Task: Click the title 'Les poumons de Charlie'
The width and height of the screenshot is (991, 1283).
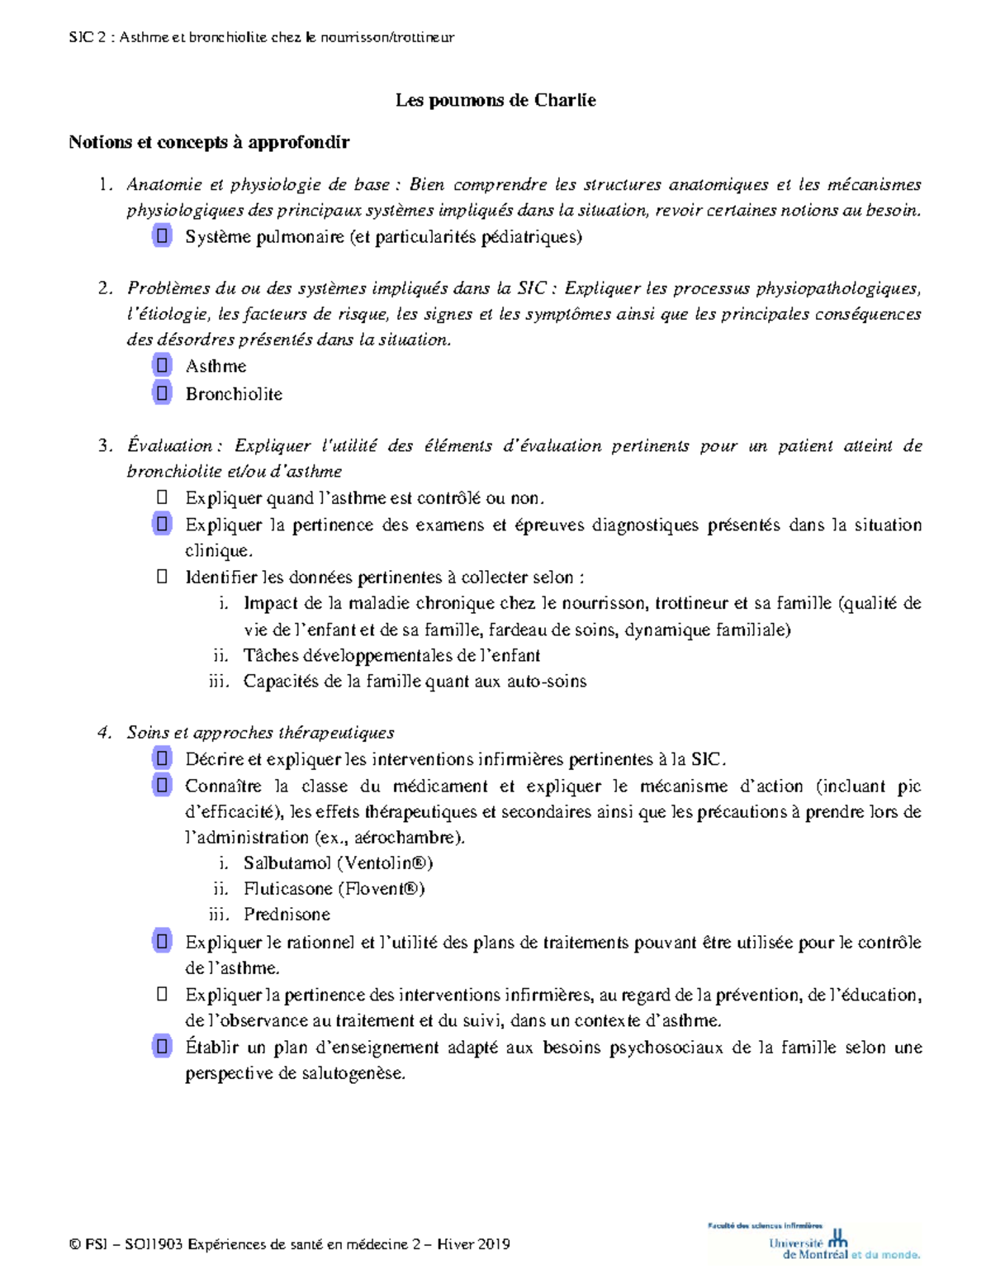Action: (x=495, y=101)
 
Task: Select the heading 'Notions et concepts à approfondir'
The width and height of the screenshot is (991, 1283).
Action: (x=209, y=142)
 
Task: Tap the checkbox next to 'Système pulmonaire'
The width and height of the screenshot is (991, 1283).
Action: (x=162, y=236)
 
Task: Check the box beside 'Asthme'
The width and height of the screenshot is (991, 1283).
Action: (x=162, y=365)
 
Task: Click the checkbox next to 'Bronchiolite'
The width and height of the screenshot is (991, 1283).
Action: (x=162, y=393)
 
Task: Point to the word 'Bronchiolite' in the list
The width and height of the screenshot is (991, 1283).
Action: (x=234, y=394)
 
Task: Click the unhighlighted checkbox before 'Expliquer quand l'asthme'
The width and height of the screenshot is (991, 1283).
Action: (x=162, y=497)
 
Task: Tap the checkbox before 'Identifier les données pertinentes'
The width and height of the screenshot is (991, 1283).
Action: (x=162, y=577)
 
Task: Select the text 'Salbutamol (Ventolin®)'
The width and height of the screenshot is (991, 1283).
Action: (x=338, y=863)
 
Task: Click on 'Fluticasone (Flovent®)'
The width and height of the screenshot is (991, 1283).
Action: (x=334, y=889)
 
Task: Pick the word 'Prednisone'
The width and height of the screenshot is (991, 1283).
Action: (x=287, y=915)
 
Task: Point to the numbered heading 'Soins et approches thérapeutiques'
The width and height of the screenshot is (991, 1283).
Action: (x=260, y=733)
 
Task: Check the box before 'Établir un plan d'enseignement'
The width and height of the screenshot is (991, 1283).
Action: (x=162, y=1047)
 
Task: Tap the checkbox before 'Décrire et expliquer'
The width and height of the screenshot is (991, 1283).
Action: (x=162, y=758)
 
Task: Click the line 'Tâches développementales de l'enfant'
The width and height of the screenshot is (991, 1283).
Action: (x=391, y=656)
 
